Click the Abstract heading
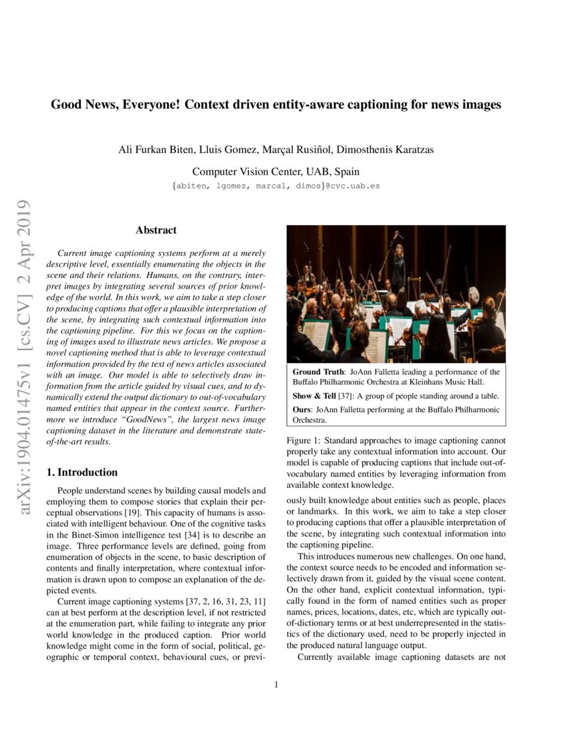point(156,231)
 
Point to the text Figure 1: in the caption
point(305,441)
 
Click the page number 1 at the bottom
point(276,684)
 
